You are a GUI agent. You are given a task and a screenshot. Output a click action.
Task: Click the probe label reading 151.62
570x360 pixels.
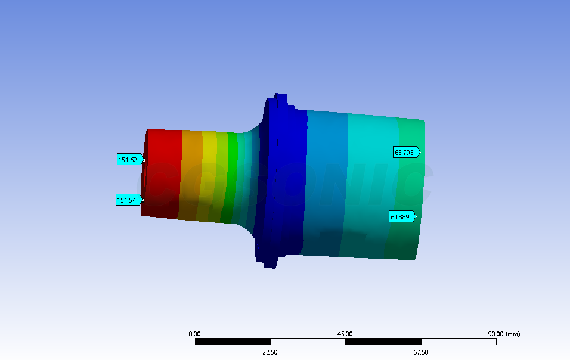click(129, 159)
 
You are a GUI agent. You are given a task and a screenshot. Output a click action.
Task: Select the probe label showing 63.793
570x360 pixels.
click(405, 153)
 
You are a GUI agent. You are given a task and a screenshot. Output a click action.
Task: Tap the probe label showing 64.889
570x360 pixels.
click(401, 217)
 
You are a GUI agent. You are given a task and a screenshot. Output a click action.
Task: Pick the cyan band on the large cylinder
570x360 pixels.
click(370, 179)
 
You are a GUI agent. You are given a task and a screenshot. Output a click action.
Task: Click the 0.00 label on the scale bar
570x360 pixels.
click(194, 334)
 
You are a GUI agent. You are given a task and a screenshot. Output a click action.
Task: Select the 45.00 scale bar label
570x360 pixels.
click(345, 334)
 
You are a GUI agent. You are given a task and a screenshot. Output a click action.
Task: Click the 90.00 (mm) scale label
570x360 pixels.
click(503, 334)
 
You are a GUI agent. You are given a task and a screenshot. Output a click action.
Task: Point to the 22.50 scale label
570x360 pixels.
click(270, 352)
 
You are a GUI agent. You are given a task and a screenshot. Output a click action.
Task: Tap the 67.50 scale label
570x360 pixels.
click(420, 352)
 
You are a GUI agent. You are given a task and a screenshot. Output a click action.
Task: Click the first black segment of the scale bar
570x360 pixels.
click(233, 342)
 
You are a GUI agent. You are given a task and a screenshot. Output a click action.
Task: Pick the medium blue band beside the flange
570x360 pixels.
click(327, 179)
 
